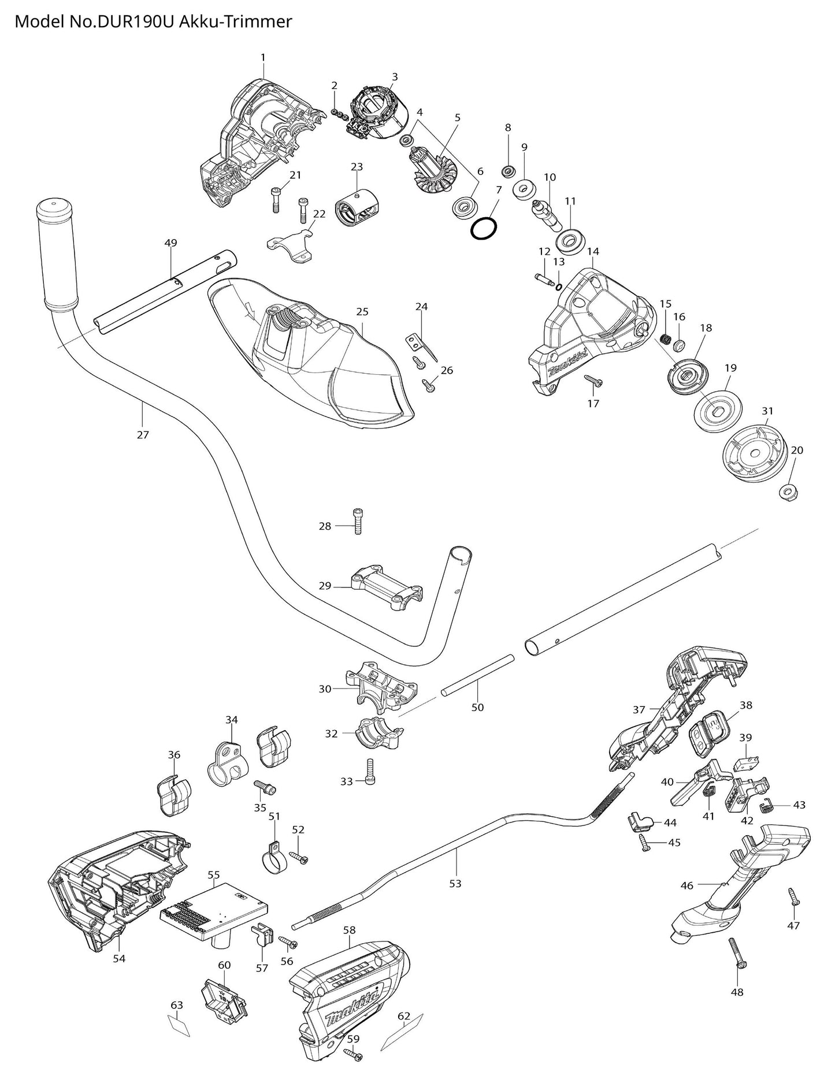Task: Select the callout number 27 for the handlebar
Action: [143, 435]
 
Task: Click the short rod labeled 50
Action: [477, 673]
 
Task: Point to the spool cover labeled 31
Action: [755, 453]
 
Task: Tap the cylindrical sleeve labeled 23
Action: [357, 207]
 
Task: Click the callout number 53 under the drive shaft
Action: [455, 883]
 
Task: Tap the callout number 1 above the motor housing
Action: [263, 57]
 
